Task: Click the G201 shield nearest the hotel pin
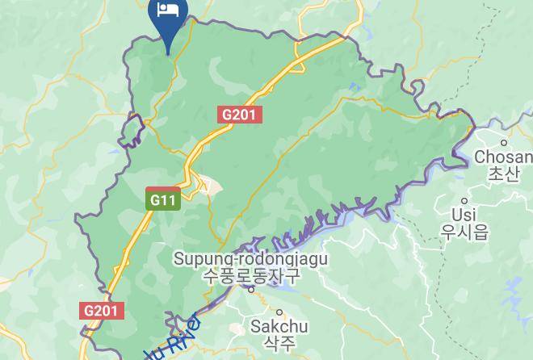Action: (x=240, y=115)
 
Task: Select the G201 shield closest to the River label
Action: (x=103, y=310)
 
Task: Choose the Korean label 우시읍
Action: (x=464, y=232)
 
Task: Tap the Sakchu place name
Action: (x=279, y=327)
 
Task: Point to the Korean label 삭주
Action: (x=279, y=344)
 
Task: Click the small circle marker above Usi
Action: (x=464, y=200)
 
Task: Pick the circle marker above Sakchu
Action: (x=280, y=312)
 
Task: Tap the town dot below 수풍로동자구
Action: (x=250, y=289)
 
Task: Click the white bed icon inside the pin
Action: (x=168, y=10)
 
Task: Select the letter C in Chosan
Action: (x=480, y=157)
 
